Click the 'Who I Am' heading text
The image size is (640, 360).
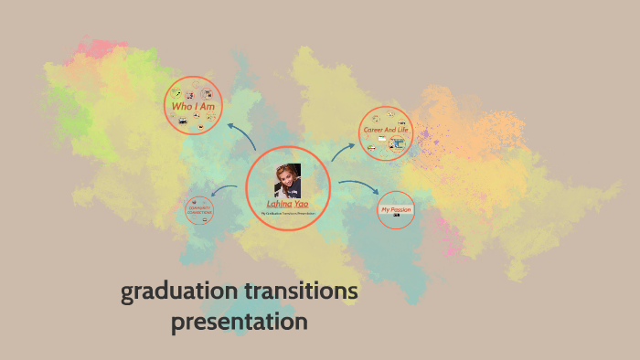[x=192, y=108]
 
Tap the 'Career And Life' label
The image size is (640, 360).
[x=386, y=131]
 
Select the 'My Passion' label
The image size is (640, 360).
[x=396, y=210]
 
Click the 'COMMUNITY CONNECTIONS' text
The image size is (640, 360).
[x=200, y=211]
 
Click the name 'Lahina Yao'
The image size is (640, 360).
[x=287, y=203]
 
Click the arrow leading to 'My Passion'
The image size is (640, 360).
[x=359, y=186]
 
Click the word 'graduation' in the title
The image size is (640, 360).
[x=179, y=293]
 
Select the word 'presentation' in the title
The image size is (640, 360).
[x=240, y=323]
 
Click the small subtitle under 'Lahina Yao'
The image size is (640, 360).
[x=287, y=213]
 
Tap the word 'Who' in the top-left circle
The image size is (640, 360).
[x=178, y=108]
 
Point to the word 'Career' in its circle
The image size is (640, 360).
[x=374, y=131]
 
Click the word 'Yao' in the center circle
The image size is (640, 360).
[x=301, y=203]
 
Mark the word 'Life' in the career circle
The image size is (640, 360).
[x=403, y=131]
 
